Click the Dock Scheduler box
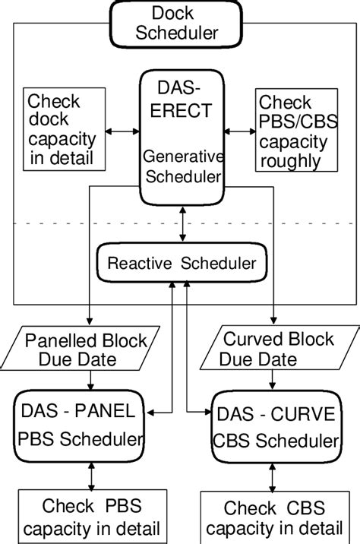point(184,23)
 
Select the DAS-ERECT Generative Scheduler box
point(183,137)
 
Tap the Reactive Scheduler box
point(182,264)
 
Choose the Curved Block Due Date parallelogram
point(278,348)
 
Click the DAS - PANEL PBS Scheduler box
point(80,424)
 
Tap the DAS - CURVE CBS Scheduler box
point(274,427)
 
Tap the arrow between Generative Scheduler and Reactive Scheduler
point(182,225)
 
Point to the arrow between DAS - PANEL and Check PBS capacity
point(91,475)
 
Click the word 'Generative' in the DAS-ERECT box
point(183,157)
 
